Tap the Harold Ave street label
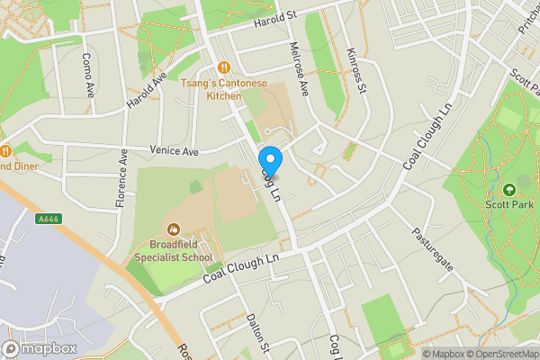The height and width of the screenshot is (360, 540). click(148, 91)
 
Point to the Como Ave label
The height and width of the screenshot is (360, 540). click(88, 75)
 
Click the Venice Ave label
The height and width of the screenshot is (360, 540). click(174, 151)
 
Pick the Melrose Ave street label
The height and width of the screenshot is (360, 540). click(299, 68)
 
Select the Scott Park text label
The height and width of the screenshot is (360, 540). click(509, 205)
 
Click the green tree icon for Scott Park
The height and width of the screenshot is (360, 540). click(508, 190)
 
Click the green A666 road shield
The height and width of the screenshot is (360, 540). click(49, 218)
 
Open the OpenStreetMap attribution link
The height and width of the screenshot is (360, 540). click(500, 354)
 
